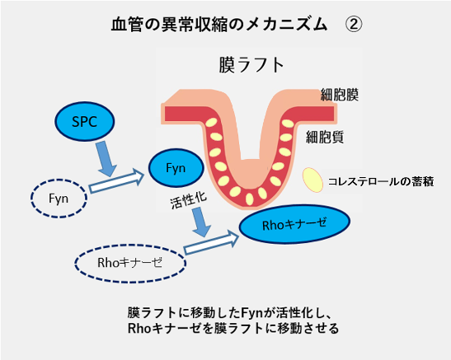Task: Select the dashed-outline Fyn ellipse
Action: (x=59, y=198)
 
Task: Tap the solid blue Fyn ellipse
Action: (x=177, y=168)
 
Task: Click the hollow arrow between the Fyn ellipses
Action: (x=115, y=181)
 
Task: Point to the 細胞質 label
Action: (x=326, y=135)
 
